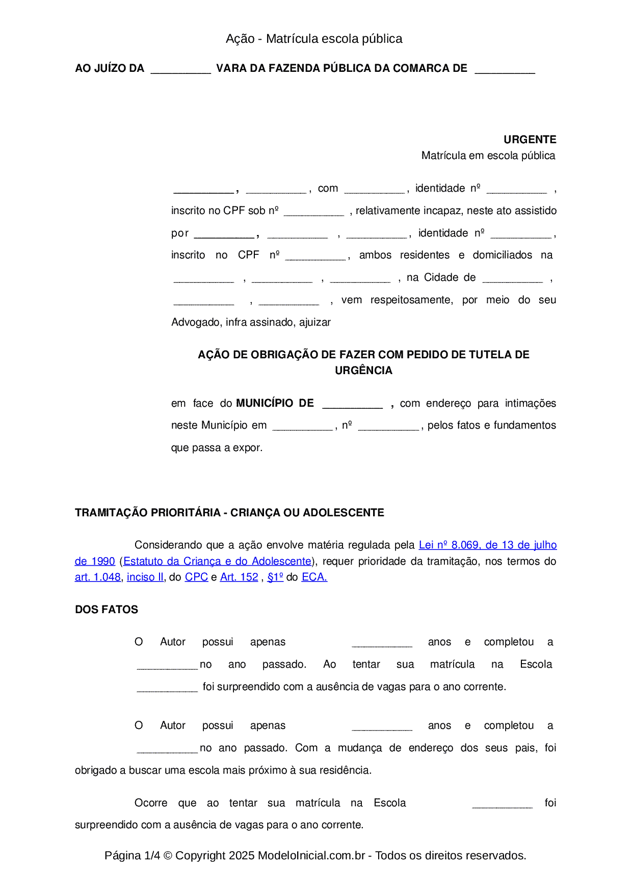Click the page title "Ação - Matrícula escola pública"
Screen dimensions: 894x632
point(314,39)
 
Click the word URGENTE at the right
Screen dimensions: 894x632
point(530,140)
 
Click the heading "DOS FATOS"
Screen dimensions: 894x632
point(107,610)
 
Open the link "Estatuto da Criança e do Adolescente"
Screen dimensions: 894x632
point(217,561)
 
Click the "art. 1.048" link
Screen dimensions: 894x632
point(98,577)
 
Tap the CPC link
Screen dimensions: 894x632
point(196,577)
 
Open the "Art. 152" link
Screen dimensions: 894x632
point(239,577)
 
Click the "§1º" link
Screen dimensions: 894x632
point(275,577)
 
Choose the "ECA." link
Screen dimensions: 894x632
point(314,577)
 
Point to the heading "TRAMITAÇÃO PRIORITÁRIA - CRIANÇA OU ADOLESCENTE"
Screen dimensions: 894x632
point(229,513)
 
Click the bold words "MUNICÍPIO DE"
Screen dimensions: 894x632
point(275,403)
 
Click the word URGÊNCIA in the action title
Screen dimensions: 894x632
point(363,371)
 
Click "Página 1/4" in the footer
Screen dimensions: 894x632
point(132,855)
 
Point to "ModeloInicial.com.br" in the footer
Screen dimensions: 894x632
point(311,855)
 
